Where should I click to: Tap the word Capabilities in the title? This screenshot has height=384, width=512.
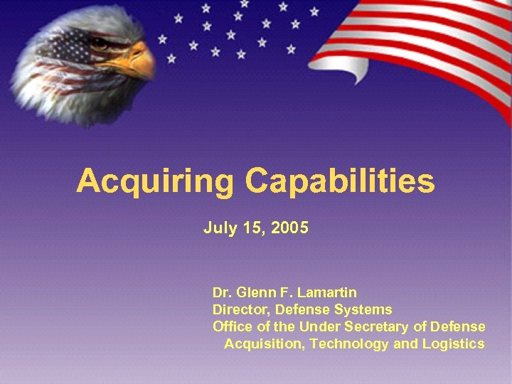coord(340,181)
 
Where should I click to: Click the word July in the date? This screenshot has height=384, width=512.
coord(216,228)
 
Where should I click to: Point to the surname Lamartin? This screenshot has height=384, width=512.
coord(328,292)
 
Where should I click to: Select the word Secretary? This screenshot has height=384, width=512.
coord(377,326)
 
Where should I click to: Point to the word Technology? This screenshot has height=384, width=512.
coord(349,344)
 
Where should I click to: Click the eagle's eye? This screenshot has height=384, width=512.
coord(100,43)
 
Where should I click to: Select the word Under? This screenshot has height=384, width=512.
coord(319,326)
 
